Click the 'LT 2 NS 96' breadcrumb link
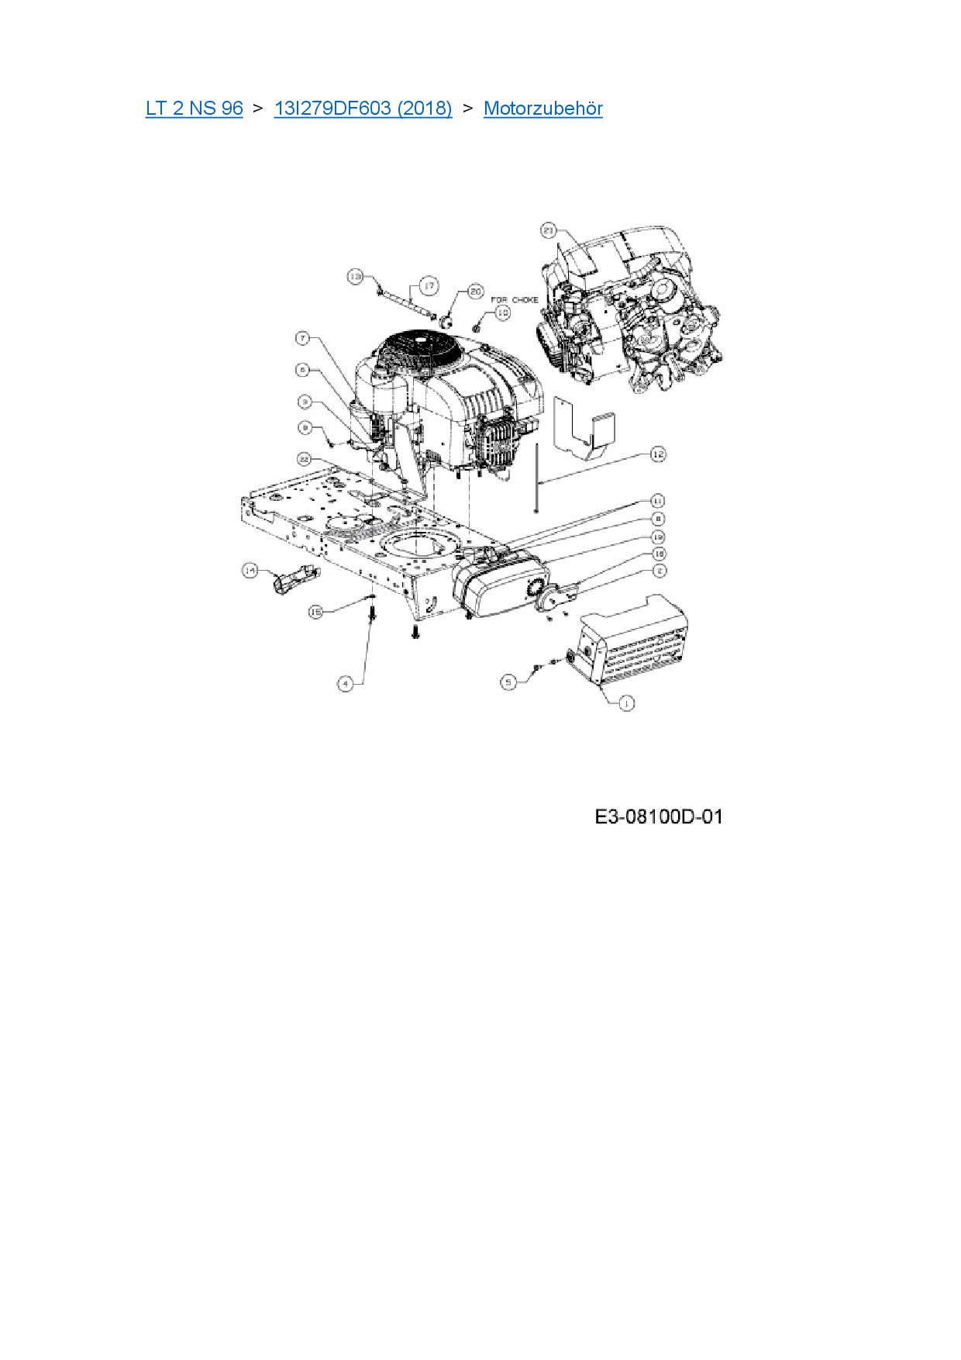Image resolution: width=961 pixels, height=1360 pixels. [x=194, y=109]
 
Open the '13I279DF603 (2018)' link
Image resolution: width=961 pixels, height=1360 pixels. [x=363, y=109]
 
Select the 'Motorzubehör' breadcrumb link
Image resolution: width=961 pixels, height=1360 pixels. [x=542, y=109]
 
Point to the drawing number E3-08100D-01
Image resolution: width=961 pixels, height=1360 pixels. [x=658, y=816]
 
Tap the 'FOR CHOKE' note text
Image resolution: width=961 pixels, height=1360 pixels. [x=515, y=300]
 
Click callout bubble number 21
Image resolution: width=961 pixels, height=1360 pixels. [x=549, y=230]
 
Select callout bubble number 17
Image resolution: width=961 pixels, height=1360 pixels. [x=429, y=286]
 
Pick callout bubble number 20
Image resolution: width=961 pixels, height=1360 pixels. [x=475, y=292]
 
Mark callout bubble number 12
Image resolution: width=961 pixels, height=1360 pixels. [x=658, y=454]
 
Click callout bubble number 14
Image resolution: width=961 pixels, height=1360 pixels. [x=250, y=571]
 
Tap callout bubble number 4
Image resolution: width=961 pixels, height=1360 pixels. [x=346, y=683]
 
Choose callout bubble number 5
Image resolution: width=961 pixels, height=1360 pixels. [x=508, y=682]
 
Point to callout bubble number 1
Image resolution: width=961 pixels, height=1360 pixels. [x=626, y=702]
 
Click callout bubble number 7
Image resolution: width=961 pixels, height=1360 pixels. [x=303, y=338]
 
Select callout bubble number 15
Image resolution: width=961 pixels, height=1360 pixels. [x=315, y=612]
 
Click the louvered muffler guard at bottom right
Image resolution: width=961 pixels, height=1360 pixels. [x=635, y=640]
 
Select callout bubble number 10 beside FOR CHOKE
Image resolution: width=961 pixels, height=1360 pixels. [x=503, y=312]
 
